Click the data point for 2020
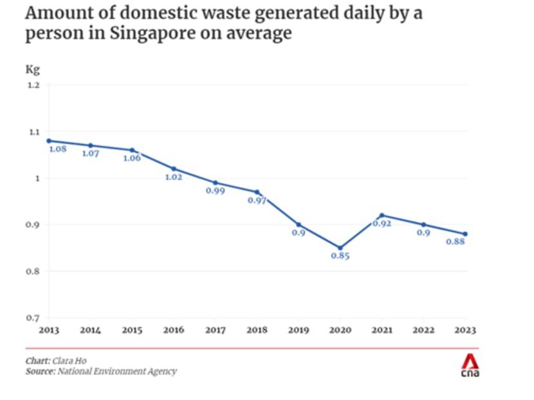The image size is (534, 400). pyautogui.click(x=340, y=248)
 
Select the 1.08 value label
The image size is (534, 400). pyautogui.click(x=58, y=149)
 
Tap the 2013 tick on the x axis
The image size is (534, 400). pyautogui.click(x=49, y=330)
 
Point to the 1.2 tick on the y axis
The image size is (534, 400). pyautogui.click(x=33, y=85)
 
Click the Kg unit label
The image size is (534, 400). pyautogui.click(x=32, y=69)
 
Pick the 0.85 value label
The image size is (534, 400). pyautogui.click(x=340, y=256)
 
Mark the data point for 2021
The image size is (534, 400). pyautogui.click(x=382, y=215)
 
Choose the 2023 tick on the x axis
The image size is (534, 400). pyautogui.click(x=465, y=330)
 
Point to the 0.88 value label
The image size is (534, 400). pyautogui.click(x=455, y=242)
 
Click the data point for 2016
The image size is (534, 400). pyautogui.click(x=174, y=168)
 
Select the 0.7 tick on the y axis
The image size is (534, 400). pyautogui.click(x=33, y=318)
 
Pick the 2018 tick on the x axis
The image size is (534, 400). pyautogui.click(x=257, y=330)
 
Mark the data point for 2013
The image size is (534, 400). pyautogui.click(x=49, y=140)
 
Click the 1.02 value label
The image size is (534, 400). pyautogui.click(x=174, y=177)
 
